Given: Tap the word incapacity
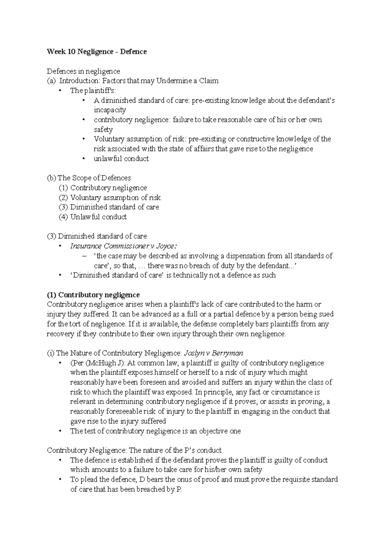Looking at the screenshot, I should [x=110, y=110].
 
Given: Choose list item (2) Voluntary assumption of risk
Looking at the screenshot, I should [x=110, y=198].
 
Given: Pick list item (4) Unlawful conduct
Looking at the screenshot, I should [x=93, y=217].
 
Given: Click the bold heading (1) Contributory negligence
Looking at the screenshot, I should [x=93, y=295].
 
